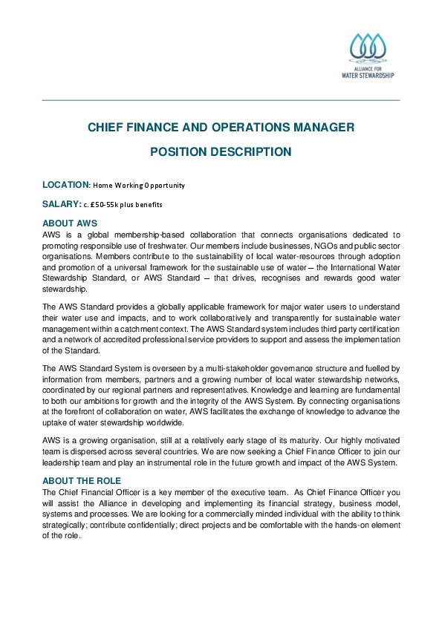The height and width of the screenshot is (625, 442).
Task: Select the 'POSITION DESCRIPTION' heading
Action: click(221, 152)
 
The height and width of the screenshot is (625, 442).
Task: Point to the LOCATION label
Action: click(65, 184)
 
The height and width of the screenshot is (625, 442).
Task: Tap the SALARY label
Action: click(61, 203)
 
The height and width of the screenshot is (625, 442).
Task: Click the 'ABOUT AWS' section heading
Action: click(70, 223)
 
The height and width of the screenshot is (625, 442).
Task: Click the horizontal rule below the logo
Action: click(221, 100)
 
